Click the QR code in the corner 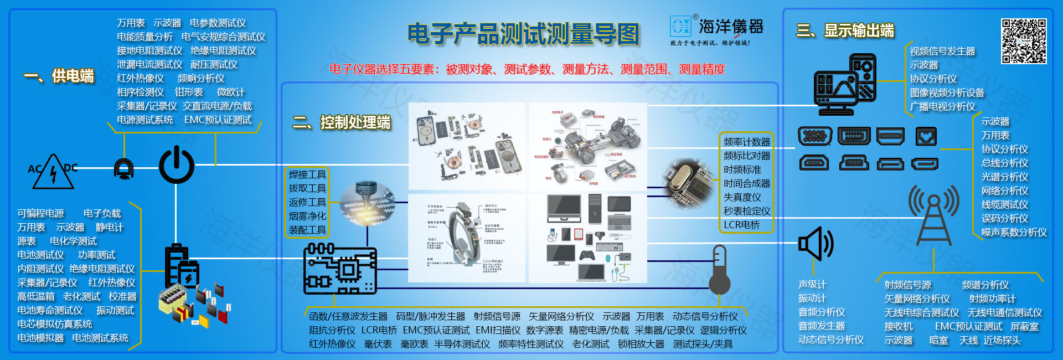(1024, 41)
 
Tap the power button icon (177, 165)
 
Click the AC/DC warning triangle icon (53, 172)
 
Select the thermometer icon (719, 270)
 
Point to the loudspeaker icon (815, 243)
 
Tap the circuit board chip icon (340, 269)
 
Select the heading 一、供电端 (59, 76)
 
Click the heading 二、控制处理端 (342, 122)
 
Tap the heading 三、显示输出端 (845, 30)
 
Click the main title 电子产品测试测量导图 (523, 34)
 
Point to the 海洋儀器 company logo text (730, 26)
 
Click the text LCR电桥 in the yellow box (741, 225)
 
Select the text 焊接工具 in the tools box (307, 174)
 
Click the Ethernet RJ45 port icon (926, 136)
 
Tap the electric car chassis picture (588, 147)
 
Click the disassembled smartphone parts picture (467, 147)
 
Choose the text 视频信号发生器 (942, 51)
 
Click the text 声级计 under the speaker (812, 284)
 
